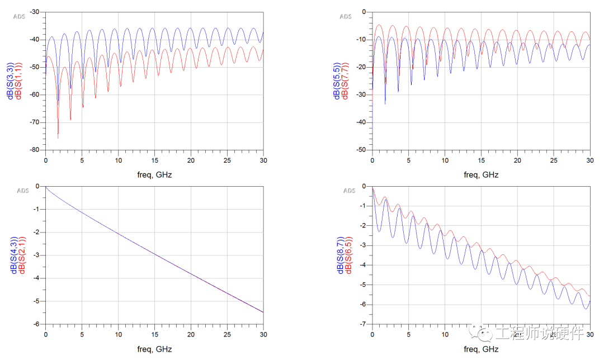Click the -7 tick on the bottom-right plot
pyautogui.click(x=364, y=324)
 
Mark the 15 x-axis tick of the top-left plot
pyautogui.click(x=154, y=160)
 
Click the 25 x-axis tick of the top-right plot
pyautogui.click(x=554, y=160)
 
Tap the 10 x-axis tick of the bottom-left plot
pyautogui.click(x=118, y=334)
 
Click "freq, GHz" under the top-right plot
pyautogui.click(x=480, y=174)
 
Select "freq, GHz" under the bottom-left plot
pyautogui.click(x=154, y=349)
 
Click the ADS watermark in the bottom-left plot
pyautogui.click(x=23, y=191)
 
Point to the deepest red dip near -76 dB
pyautogui.click(x=58, y=138)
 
